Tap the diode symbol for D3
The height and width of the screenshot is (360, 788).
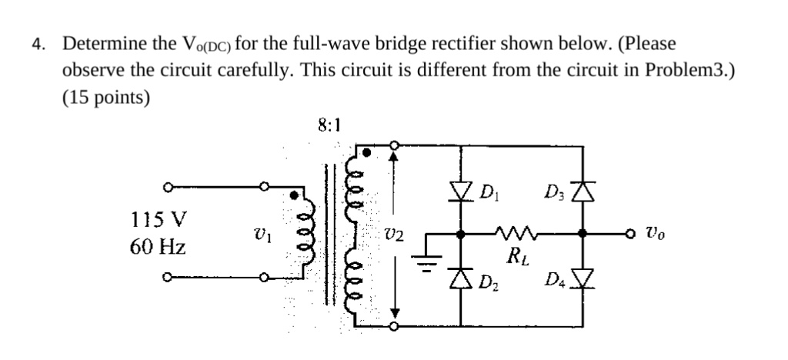point(586,190)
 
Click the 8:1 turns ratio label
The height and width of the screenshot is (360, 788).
point(328,123)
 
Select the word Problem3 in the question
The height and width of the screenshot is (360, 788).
point(686,70)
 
